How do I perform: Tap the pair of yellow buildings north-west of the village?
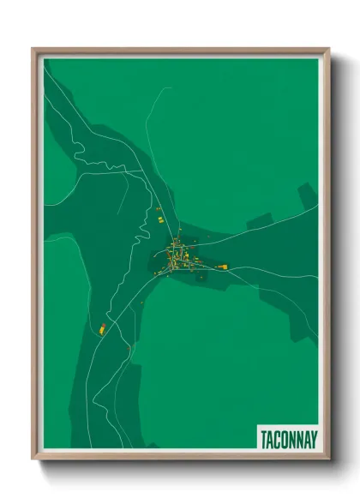159,219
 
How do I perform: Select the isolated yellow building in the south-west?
100,328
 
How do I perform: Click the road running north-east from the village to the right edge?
257,226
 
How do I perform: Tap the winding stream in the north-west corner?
73,137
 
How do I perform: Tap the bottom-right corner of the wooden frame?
328,459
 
